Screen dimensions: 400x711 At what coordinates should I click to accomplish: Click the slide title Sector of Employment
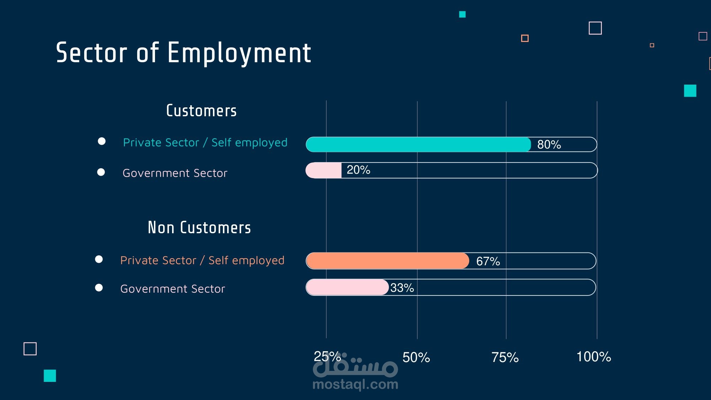pos(183,53)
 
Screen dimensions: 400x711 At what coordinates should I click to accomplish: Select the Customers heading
pos(201,111)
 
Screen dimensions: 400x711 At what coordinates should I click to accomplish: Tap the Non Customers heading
pos(199,228)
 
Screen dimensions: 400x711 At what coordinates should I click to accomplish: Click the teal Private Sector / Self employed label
pos(205,143)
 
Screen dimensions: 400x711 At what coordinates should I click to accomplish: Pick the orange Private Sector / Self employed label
pos(202,261)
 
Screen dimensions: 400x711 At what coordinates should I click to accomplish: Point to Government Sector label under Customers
pos(175,173)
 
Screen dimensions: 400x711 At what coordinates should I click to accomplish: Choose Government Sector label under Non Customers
pos(173,289)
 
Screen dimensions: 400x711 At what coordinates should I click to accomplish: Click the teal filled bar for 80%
pos(418,145)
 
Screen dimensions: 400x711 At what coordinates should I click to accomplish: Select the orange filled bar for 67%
pos(387,261)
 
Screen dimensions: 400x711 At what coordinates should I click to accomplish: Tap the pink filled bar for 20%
pos(324,170)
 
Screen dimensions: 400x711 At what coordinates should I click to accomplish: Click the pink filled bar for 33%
pos(347,287)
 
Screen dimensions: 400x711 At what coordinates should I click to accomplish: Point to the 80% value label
pos(549,145)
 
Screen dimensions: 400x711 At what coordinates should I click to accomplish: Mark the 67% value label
pos(488,261)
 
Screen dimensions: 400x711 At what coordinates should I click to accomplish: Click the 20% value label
pos(358,170)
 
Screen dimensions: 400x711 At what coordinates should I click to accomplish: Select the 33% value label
pos(402,288)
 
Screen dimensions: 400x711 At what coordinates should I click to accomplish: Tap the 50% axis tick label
pos(416,358)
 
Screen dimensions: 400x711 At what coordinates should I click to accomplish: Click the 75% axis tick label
pos(505,358)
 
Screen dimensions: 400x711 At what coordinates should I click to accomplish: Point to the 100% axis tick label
pos(593,357)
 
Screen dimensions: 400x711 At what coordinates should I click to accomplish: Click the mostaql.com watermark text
pos(355,384)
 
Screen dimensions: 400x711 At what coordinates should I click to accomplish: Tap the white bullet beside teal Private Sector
pos(102,142)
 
